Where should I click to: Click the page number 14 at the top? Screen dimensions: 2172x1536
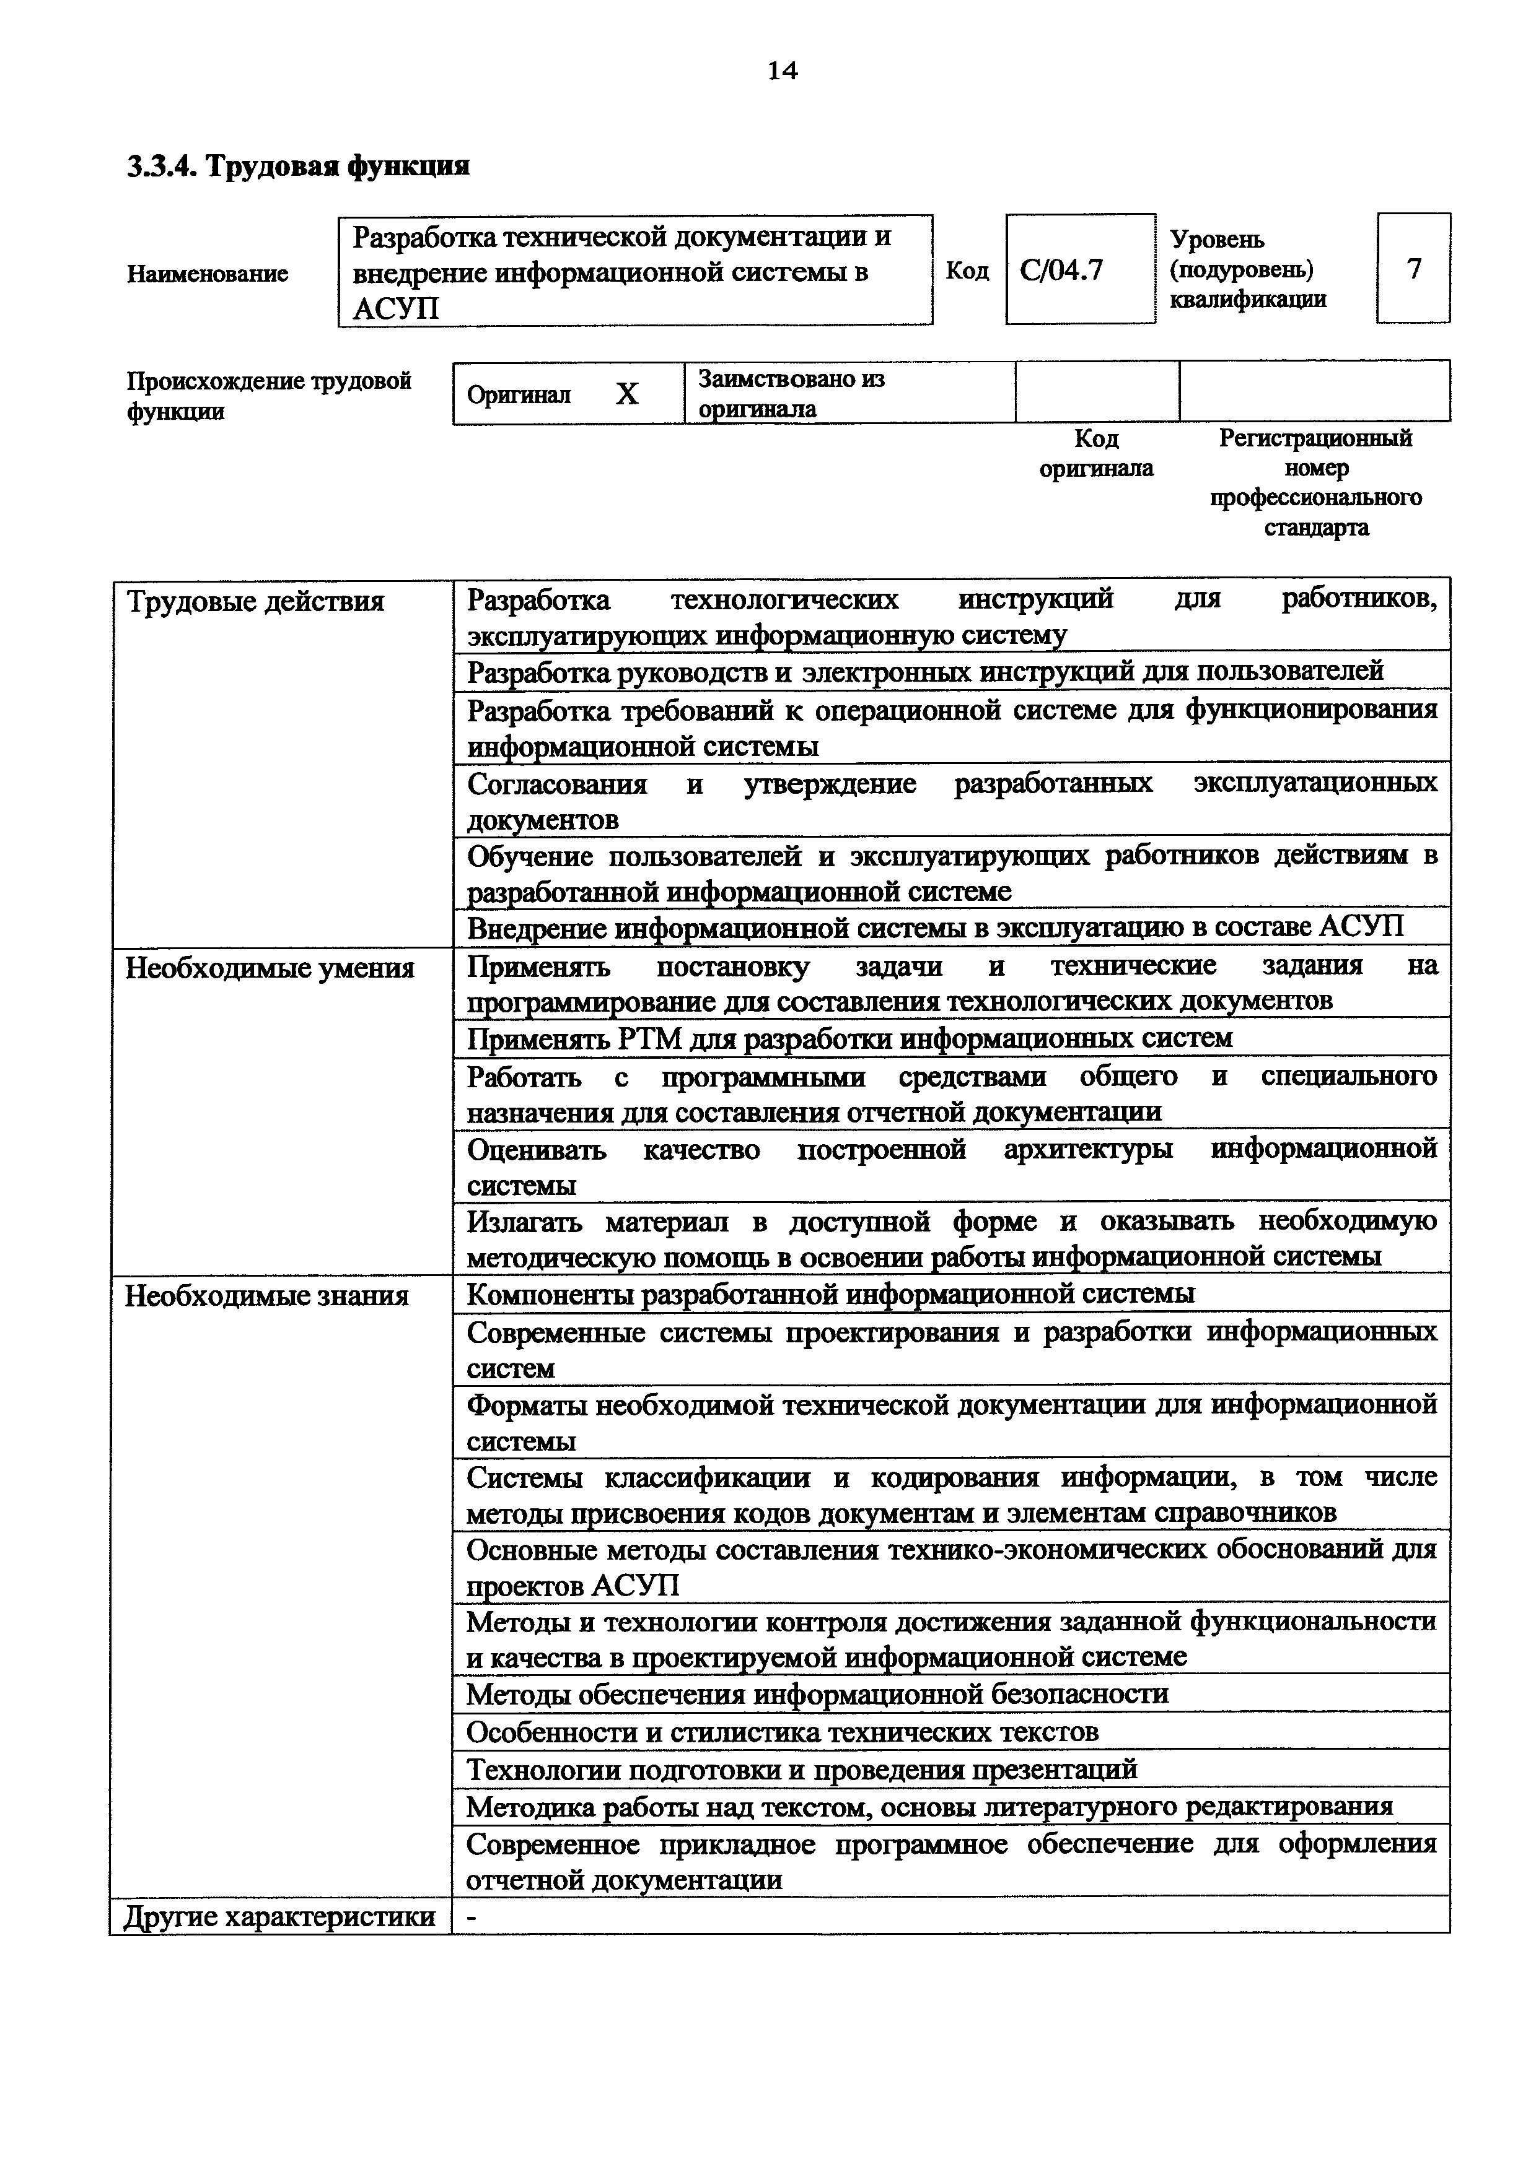[782, 71]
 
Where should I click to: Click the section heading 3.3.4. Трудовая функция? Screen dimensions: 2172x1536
[298, 167]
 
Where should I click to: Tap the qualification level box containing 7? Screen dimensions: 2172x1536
[1413, 269]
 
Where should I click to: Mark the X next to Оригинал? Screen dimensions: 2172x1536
[626, 394]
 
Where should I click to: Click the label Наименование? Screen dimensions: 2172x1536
[208, 274]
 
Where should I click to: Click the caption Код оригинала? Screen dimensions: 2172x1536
[1096, 453]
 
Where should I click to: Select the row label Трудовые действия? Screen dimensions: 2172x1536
[255, 602]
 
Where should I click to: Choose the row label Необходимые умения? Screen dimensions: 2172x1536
[270, 969]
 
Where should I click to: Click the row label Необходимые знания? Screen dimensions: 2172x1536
[267, 1295]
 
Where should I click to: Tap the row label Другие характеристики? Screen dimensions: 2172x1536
[280, 1916]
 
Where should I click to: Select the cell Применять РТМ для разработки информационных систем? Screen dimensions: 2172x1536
[850, 1038]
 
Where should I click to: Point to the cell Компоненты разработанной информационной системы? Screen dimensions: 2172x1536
[830, 1293]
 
